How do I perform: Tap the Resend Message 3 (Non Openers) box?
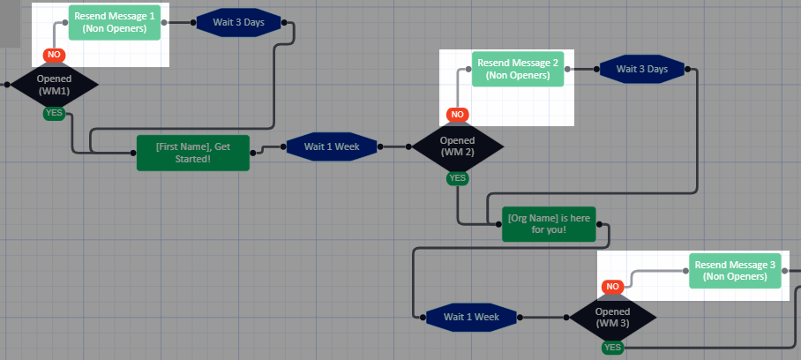pyautogui.click(x=735, y=271)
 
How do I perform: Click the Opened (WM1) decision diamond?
pyautogui.click(x=54, y=85)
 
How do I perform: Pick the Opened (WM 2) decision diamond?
pyautogui.click(x=457, y=146)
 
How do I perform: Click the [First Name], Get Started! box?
pyautogui.click(x=192, y=153)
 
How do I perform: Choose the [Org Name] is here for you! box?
pyautogui.click(x=549, y=224)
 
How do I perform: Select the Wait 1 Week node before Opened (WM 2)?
pyautogui.click(x=331, y=146)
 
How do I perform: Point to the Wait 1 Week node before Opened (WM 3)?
pyautogui.click(x=471, y=317)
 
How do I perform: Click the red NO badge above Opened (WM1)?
pyautogui.click(x=54, y=55)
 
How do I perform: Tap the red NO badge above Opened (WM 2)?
pyautogui.click(x=457, y=115)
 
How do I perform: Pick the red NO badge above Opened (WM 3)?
pyautogui.click(x=612, y=287)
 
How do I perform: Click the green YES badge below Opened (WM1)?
pyautogui.click(x=54, y=113)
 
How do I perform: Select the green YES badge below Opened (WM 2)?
pyautogui.click(x=457, y=178)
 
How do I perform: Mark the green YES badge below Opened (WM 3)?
pyautogui.click(x=612, y=348)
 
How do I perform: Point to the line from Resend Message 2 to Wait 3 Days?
pyautogui.click(x=582, y=69)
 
